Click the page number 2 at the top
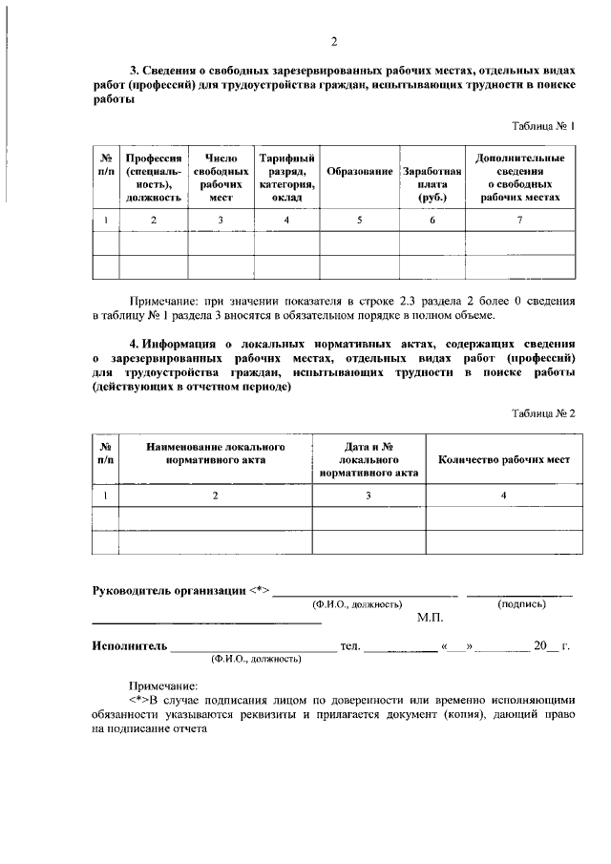[x=334, y=41]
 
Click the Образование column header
[x=360, y=171]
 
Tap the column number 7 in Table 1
[x=519, y=221]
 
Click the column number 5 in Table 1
[x=360, y=221]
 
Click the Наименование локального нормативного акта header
[x=216, y=453]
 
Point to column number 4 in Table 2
[x=504, y=495]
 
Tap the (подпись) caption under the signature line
[x=521, y=604]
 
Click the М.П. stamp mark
[x=431, y=619]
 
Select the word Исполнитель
[x=129, y=646]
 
